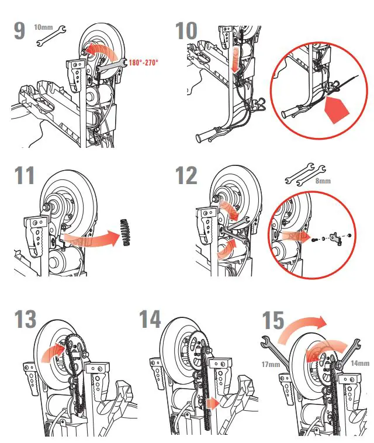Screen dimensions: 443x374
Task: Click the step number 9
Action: point(19,30)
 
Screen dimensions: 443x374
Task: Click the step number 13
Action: point(25,319)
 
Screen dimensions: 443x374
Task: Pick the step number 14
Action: point(150,319)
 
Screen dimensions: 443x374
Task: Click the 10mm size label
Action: point(43,27)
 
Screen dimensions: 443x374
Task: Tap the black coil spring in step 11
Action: point(124,231)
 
